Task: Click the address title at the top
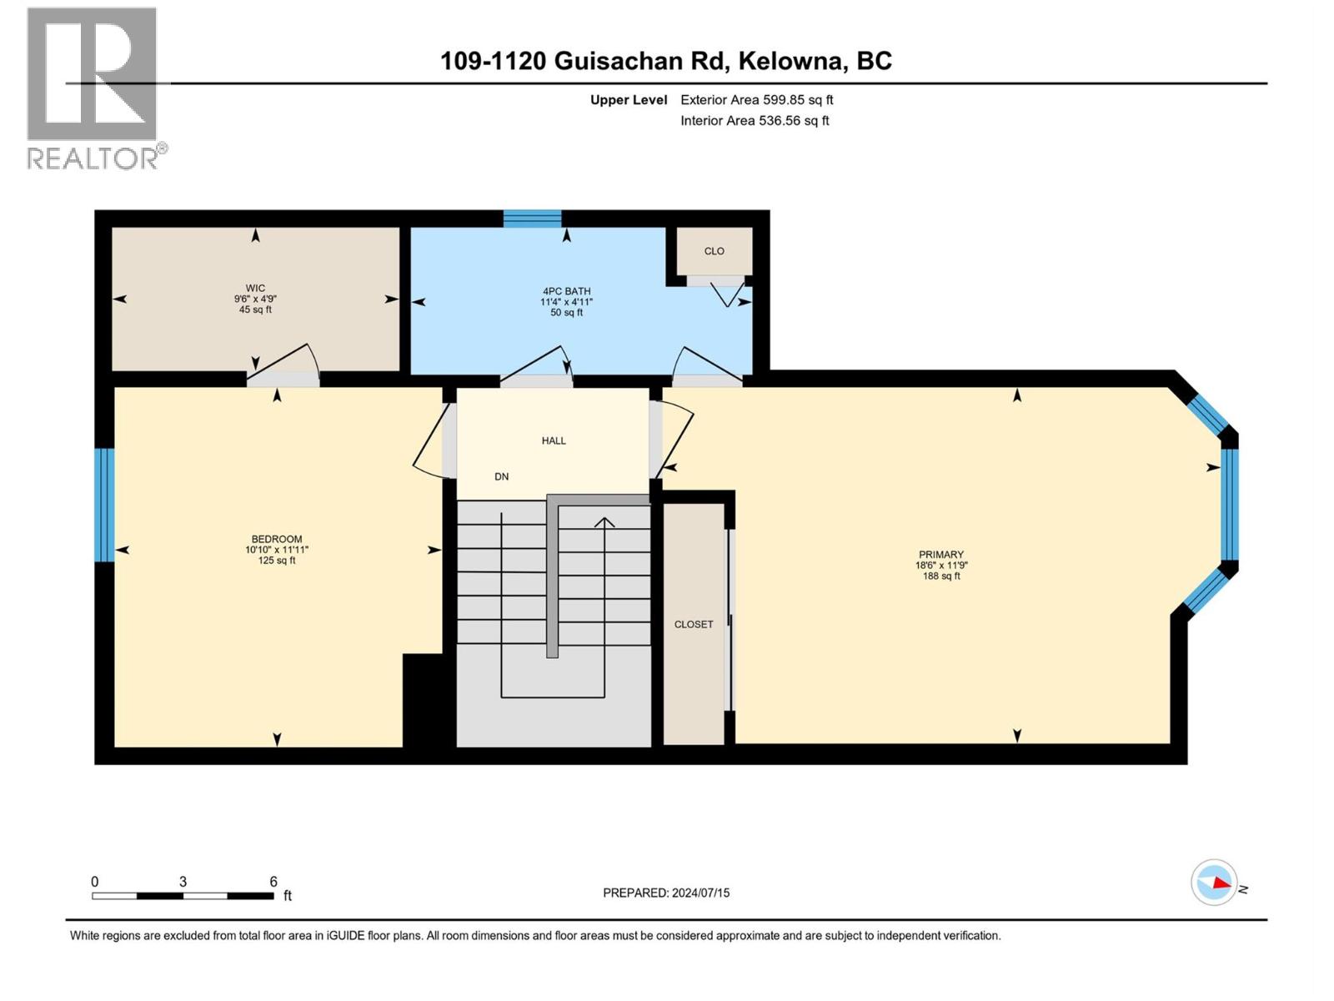665,61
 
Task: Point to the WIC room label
255,288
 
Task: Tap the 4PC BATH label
566,291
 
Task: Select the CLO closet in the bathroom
714,251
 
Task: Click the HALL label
554,440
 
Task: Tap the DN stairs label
501,476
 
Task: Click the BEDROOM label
277,539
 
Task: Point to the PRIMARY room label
940,554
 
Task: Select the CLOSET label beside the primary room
694,624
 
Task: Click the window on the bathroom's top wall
533,219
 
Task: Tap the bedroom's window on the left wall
104,505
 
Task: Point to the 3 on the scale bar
183,881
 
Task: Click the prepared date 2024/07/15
700,893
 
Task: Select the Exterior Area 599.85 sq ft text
757,99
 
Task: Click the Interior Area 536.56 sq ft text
755,120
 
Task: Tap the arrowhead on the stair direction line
604,522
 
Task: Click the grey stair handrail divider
552,576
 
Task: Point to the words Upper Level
629,100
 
